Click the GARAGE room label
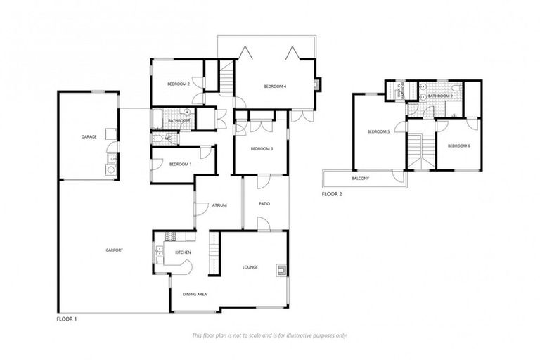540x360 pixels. coord(89,136)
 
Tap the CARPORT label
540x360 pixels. coord(115,250)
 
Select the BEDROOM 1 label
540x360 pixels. coord(180,164)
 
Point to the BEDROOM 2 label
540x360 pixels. coord(179,84)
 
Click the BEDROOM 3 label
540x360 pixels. coord(262,148)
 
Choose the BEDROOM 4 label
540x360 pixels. coord(275,86)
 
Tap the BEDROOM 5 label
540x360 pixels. coord(378,131)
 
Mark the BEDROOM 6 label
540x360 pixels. coord(458,146)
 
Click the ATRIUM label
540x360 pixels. coord(219,205)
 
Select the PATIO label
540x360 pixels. coord(264,204)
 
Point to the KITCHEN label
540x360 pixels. coord(174,251)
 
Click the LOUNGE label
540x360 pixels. coord(251,267)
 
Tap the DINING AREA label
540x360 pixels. coord(194,294)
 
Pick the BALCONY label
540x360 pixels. coord(361,179)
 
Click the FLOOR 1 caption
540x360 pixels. coord(66,319)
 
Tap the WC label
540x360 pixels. coord(168,139)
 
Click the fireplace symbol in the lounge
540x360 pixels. coord(281,268)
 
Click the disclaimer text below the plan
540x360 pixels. coord(270,335)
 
